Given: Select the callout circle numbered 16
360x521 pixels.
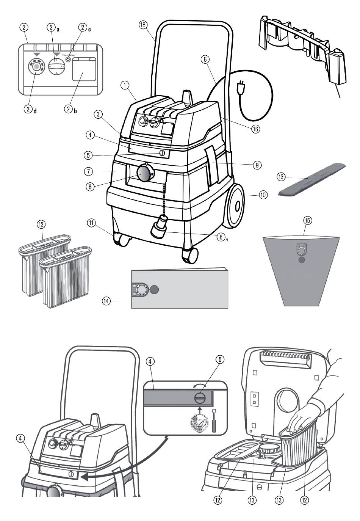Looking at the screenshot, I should [x=256, y=129].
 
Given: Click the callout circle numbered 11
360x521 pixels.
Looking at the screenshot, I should [x=91, y=223].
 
